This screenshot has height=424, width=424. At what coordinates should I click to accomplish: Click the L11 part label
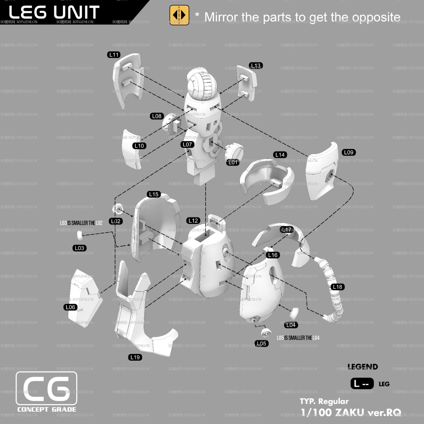pos(114,55)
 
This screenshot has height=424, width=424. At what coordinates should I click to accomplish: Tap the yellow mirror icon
pos(179,15)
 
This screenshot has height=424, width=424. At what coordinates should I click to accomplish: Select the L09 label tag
pos(349,152)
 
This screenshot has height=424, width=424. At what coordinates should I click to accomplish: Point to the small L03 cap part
pos(80,236)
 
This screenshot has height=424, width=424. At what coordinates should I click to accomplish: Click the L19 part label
pos(135,357)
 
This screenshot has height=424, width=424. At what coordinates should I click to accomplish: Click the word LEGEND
pos(363,367)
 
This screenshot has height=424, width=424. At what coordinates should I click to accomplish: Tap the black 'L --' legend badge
pos(362,384)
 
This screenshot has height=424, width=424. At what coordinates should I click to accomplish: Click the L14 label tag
pos(280,155)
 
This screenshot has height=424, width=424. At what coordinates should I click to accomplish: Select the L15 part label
pos(154,194)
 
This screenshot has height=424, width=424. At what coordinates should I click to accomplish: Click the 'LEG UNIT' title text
pos(54,12)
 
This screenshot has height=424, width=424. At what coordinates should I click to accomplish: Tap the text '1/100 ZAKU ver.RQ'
pos(350,412)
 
